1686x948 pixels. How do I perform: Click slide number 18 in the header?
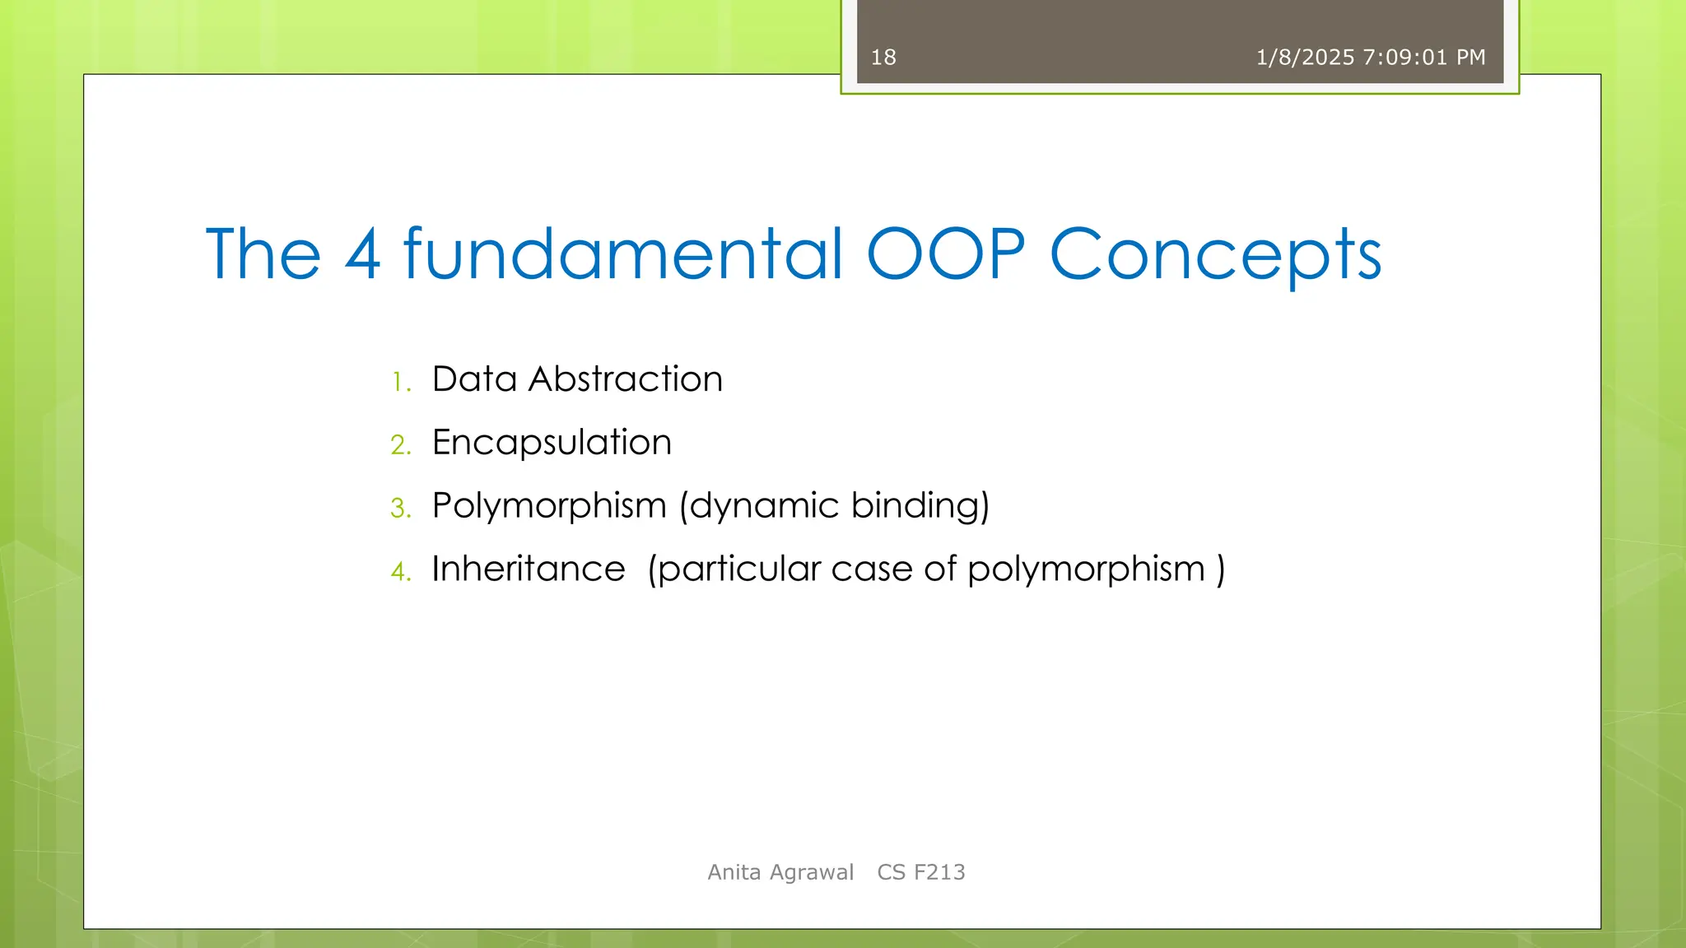click(x=883, y=58)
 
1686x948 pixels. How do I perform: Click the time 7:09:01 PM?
click(x=1424, y=58)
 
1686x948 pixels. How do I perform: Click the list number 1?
click(x=401, y=383)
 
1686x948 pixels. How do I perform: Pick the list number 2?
click(x=401, y=445)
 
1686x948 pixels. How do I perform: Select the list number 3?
click(x=401, y=509)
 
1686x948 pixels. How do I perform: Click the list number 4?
click(x=401, y=572)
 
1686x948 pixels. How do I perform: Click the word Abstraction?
click(x=626, y=379)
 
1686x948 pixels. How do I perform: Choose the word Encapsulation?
click(x=552, y=443)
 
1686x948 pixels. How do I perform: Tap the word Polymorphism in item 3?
click(x=549, y=506)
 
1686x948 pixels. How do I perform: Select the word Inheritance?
click(x=529, y=569)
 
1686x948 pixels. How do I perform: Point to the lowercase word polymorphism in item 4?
click(x=1086, y=570)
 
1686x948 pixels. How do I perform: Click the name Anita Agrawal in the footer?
click(x=780, y=872)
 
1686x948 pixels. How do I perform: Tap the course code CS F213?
click(x=921, y=872)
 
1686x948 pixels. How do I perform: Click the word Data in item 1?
click(x=474, y=379)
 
